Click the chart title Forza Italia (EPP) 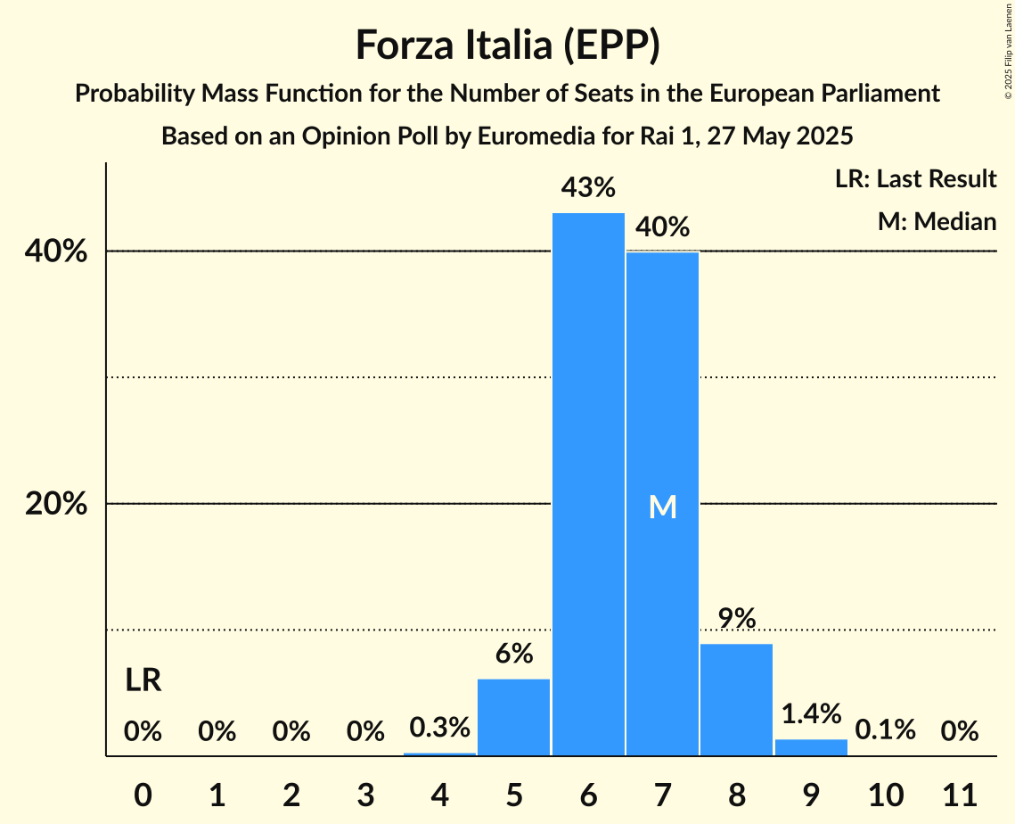pos(507,45)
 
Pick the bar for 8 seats pos(736,699)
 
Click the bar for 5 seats pos(514,717)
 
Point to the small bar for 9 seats pos(811,747)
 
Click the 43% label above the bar pos(588,188)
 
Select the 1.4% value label pos(811,713)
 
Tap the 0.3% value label pos(439,728)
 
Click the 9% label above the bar pos(737,618)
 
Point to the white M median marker pos(662,507)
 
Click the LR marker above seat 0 pos(143,681)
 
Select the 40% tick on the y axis pos(56,251)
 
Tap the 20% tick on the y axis pos(56,504)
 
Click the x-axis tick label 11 pos(960,793)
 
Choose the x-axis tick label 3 pos(365,793)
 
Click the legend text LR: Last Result pos(915,179)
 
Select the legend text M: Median pos(937,221)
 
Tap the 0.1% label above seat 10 pos(885,730)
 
